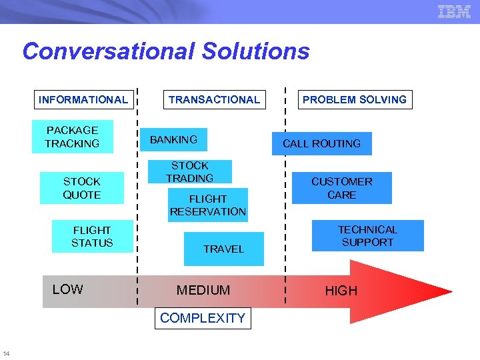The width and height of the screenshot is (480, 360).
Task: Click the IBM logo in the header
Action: pos(454,11)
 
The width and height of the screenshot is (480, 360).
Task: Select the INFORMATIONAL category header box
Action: pos(83,100)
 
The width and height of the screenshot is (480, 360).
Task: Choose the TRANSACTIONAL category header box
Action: pos(214,100)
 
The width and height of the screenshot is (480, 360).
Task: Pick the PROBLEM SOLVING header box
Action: pos(354,100)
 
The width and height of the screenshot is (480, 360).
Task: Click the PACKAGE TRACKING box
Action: pos(72,137)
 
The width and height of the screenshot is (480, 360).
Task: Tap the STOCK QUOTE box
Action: pos(82,188)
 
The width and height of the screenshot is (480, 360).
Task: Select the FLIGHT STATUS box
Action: pos(92,237)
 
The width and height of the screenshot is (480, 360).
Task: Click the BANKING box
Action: pos(174,140)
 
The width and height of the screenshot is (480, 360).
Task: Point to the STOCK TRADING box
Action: pos(190,171)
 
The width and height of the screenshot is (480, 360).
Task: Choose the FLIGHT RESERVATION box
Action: pos(207,205)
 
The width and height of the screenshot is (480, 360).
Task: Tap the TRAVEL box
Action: pos(223,249)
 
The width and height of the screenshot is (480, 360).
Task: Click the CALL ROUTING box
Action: pos(321,143)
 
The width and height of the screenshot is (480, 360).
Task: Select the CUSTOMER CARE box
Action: pos(341,188)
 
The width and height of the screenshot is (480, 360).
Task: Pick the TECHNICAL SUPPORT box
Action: pos(367,236)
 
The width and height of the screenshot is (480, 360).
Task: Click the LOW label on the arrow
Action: pos(67,289)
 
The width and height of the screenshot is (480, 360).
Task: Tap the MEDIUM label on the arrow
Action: pos(203,291)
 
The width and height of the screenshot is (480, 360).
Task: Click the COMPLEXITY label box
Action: pos(203,318)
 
